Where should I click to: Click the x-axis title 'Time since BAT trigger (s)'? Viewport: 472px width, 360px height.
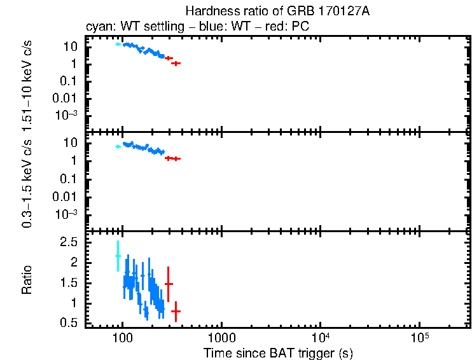pos(279,352)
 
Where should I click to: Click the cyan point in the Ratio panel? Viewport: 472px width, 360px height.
pos(118,256)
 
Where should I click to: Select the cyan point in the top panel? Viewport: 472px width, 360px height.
pos(118,44)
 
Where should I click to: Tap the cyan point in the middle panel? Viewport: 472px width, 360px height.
pos(118,146)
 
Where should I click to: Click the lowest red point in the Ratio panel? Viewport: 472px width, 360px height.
pos(176,311)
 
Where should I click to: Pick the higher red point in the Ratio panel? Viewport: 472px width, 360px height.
pos(169,284)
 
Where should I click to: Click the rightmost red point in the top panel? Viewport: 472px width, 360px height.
pos(176,63)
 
